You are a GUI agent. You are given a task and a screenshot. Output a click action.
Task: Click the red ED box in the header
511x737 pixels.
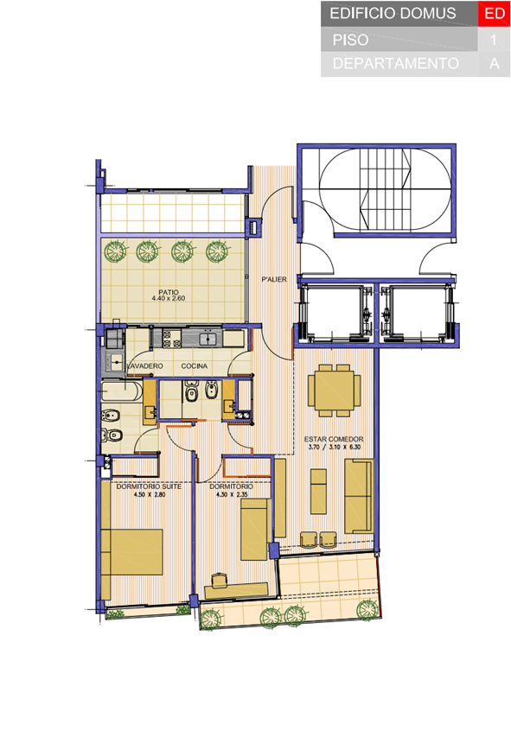tap(494, 14)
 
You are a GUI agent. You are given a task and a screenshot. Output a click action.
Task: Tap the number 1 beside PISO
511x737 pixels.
tap(493, 40)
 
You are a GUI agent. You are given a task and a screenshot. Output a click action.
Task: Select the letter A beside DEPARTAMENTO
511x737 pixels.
tap(494, 63)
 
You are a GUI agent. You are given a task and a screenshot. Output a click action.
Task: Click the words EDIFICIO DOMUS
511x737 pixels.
tap(393, 14)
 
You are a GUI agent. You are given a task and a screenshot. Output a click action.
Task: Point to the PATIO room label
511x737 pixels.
tap(169, 292)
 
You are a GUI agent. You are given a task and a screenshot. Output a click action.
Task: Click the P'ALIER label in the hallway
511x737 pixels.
tap(274, 279)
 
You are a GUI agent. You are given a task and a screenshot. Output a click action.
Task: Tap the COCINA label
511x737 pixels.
tap(195, 365)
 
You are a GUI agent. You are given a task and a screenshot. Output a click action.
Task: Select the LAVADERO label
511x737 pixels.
tap(145, 365)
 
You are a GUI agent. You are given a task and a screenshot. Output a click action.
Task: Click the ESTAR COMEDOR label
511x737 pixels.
tap(334, 439)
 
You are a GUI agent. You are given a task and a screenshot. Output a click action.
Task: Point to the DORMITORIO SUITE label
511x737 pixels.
tap(149, 486)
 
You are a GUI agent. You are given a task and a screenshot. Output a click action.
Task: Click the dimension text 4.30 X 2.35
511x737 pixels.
tap(232, 494)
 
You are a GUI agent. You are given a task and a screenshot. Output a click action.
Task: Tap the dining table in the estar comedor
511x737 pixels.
tap(335, 391)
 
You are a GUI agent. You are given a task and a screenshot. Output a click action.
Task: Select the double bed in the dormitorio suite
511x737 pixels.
tap(131, 552)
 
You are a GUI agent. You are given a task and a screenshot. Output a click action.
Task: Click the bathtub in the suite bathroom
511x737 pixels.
tap(121, 391)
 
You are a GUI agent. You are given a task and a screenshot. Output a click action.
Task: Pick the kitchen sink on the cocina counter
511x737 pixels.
tap(207, 339)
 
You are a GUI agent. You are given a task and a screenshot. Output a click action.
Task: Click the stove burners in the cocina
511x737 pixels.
tap(172, 339)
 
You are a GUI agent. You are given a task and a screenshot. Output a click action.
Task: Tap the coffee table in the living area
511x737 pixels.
tap(318, 491)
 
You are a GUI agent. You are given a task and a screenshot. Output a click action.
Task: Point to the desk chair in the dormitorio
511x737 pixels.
tap(219, 580)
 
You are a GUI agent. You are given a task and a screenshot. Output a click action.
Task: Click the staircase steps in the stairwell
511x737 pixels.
tap(385, 189)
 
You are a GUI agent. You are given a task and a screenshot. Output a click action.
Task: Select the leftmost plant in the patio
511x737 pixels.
tap(115, 252)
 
